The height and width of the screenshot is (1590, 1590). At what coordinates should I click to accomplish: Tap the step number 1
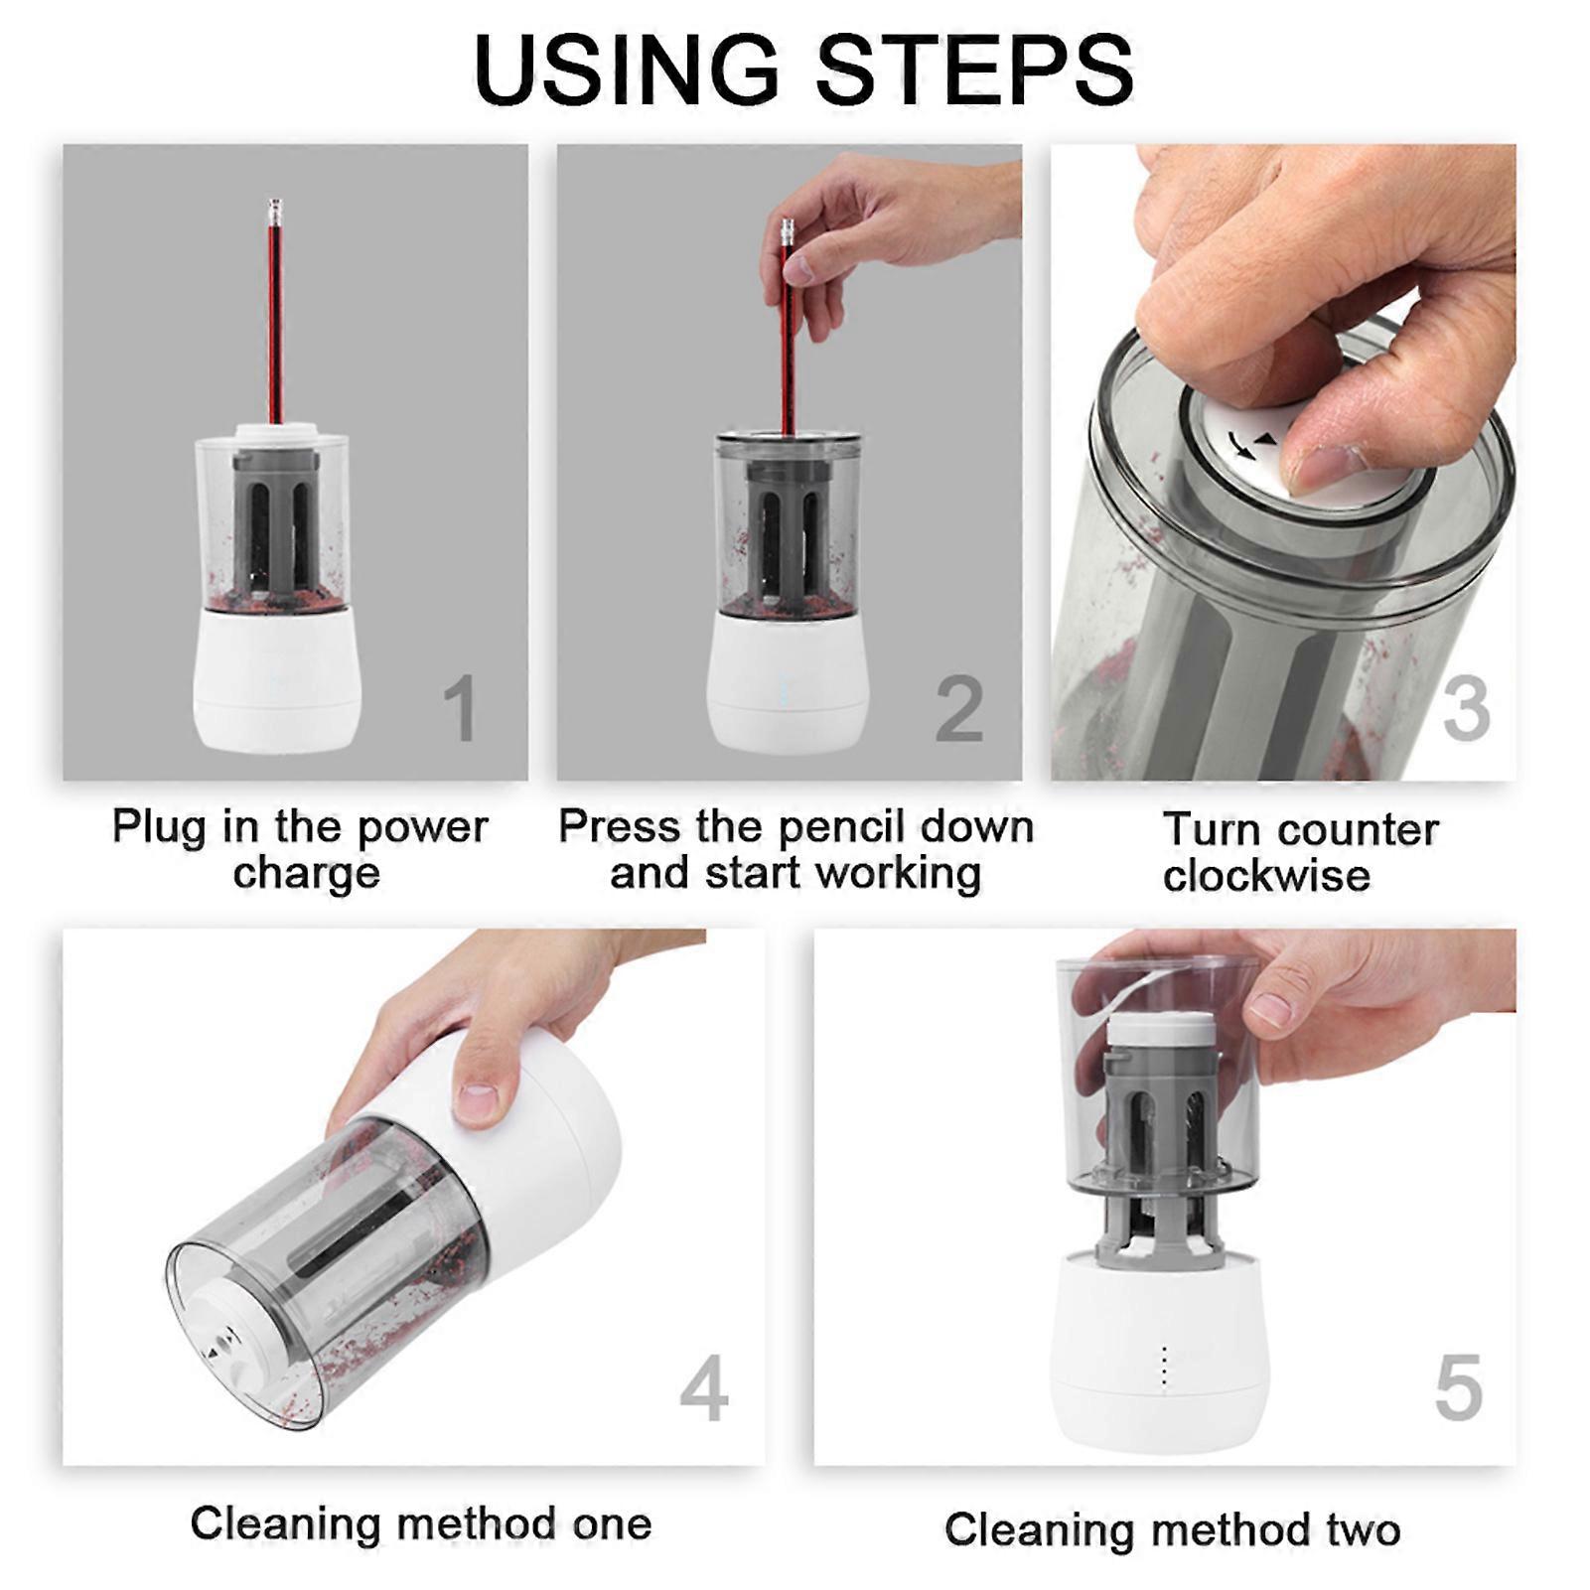[x=460, y=708]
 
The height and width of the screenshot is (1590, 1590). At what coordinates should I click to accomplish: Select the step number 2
[x=959, y=708]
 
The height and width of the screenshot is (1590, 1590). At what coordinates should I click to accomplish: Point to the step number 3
[x=1466, y=708]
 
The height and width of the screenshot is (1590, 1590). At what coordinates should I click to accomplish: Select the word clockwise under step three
[x=1266, y=876]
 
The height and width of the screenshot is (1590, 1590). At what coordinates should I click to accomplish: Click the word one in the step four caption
[x=611, y=1524]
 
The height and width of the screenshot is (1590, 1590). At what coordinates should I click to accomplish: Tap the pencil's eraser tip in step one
[x=274, y=211]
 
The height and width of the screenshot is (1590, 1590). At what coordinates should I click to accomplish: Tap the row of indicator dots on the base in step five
[x=1164, y=1367]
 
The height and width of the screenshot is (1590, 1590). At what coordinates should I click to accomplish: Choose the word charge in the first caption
[x=307, y=874]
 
